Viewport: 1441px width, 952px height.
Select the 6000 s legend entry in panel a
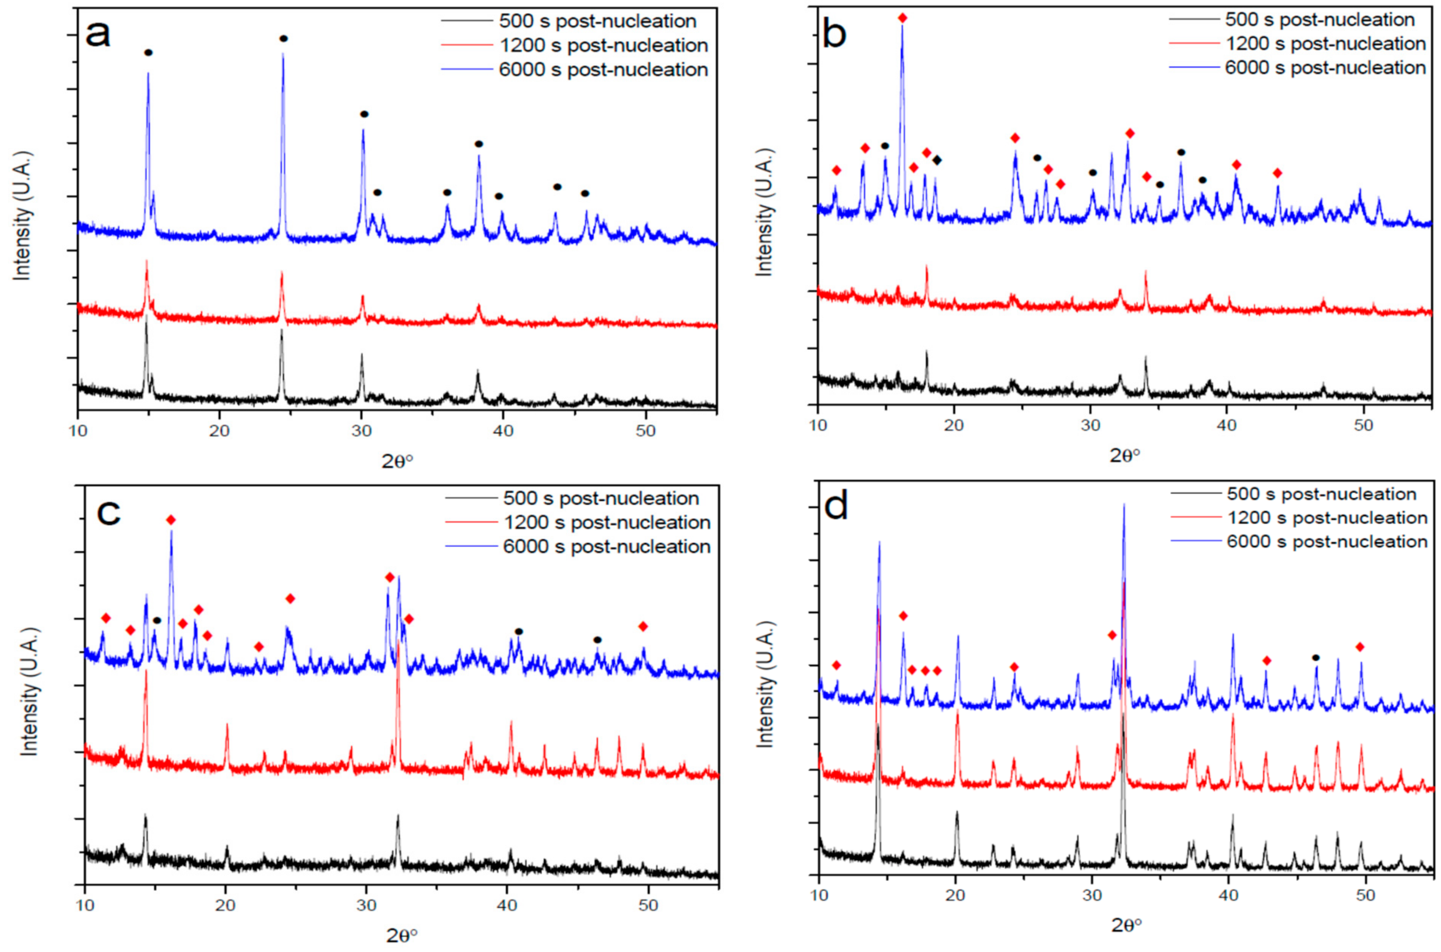[x=603, y=70]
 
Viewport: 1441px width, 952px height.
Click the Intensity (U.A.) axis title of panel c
[x=28, y=691]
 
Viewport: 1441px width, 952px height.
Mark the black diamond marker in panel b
[x=938, y=160]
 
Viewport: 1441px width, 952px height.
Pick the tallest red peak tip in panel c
[x=398, y=641]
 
